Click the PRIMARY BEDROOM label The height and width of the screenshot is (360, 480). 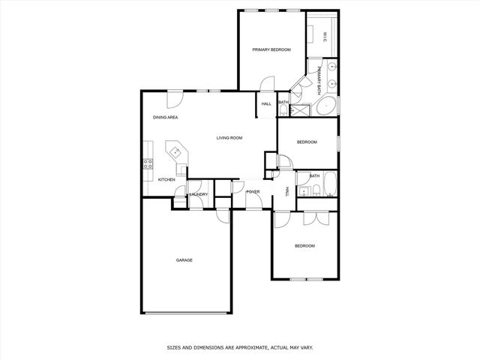pos(271,49)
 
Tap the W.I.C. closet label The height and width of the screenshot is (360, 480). pos(325,36)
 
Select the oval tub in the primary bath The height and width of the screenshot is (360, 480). pos(325,106)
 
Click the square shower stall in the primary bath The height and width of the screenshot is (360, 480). pos(301,110)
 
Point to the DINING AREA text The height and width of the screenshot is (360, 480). pos(165,118)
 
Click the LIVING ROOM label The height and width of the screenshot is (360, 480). pos(229,138)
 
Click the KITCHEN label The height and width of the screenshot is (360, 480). pos(166,180)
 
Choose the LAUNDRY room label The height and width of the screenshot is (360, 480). pos(199,194)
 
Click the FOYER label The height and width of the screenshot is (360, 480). pos(253,192)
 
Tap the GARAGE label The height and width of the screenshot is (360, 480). pos(184,260)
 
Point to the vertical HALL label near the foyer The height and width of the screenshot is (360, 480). pos(286,192)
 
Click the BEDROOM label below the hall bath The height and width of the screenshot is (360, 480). pos(304,246)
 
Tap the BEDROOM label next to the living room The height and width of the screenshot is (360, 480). pos(307,142)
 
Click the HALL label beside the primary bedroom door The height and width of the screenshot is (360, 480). pos(266,103)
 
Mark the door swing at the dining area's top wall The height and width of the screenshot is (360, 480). pos(174,97)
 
